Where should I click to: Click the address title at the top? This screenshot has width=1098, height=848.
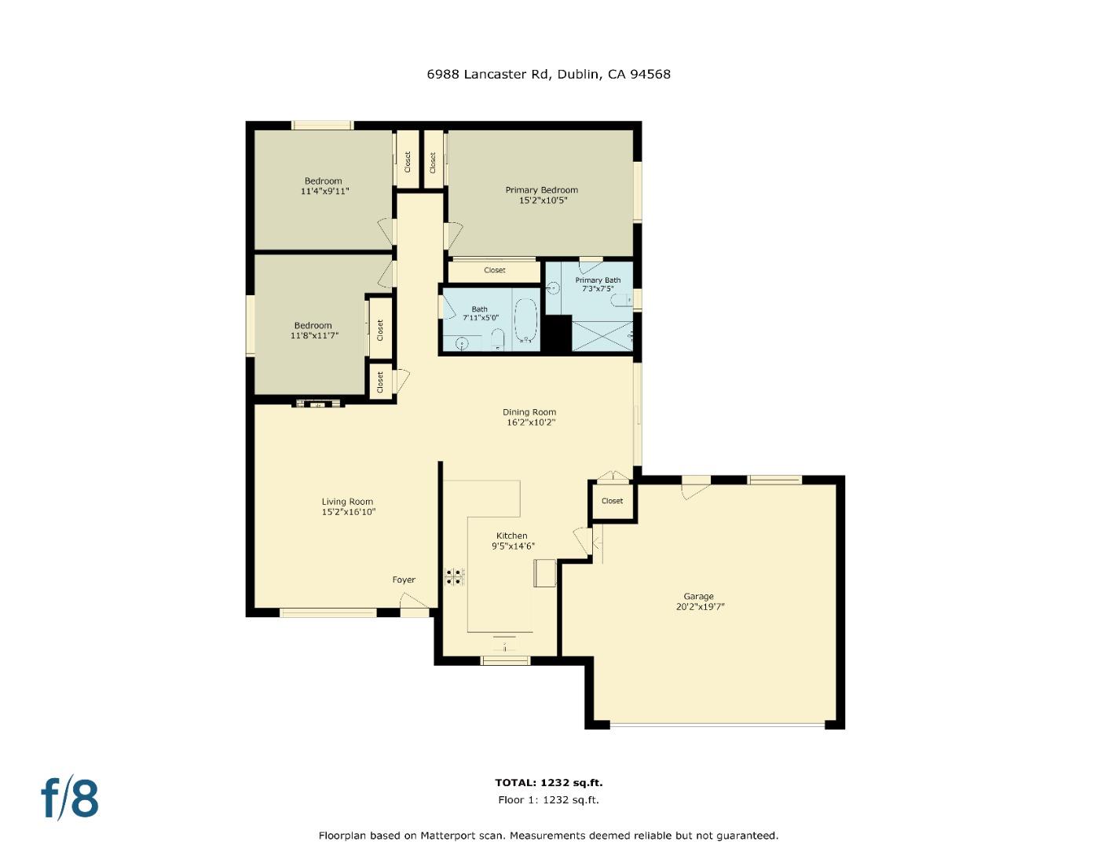548,75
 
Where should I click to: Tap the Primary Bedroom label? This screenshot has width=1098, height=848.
541,190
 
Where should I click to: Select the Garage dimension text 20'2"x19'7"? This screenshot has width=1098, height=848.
699,607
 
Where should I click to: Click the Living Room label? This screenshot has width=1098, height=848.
347,502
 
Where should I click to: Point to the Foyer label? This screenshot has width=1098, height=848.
404,580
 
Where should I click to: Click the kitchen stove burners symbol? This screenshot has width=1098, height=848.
455,577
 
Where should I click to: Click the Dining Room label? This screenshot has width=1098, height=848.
529,412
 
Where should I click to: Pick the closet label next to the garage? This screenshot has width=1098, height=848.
612,501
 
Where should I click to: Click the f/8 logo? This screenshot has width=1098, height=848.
70,798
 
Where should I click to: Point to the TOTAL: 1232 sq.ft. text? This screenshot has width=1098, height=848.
548,783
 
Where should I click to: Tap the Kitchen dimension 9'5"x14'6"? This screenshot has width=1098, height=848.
513,546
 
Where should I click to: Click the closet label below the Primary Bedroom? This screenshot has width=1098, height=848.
495,271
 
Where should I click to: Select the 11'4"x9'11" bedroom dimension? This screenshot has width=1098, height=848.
324,192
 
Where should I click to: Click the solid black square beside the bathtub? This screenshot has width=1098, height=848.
558,334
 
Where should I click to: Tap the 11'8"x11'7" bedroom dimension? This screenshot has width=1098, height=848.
313,336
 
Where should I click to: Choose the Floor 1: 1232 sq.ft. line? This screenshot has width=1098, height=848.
548,800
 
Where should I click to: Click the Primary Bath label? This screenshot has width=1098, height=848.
598,280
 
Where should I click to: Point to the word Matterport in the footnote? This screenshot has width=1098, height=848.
450,835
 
